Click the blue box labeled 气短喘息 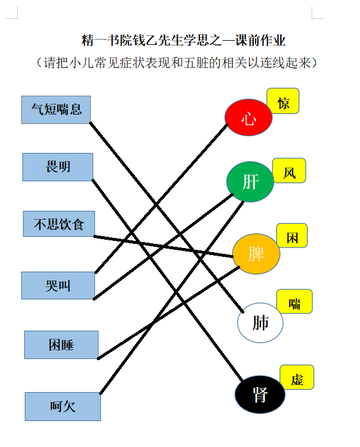pyautogui.click(x=56, y=110)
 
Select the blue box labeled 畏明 pyautogui.click(x=58, y=167)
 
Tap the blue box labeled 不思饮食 pyautogui.click(x=59, y=224)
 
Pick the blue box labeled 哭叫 pyautogui.click(x=58, y=285)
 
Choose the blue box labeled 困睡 pyautogui.click(x=61, y=345)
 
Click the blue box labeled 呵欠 pyautogui.click(x=63, y=406)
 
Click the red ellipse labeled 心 pyautogui.click(x=248, y=117)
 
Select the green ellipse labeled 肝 pyautogui.click(x=250, y=182)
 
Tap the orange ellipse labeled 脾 pyautogui.click(x=256, y=254)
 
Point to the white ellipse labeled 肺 pyautogui.click(x=260, y=323)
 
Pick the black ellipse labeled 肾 pyautogui.click(x=260, y=394)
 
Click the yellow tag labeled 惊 pyautogui.click(x=283, y=101)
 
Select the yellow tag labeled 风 pyautogui.click(x=289, y=171)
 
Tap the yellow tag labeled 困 pyautogui.click(x=292, y=236)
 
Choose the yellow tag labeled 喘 pyautogui.click(x=294, y=302)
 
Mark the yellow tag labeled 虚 pyautogui.click(x=297, y=377)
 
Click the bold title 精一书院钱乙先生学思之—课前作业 pyautogui.click(x=184, y=40)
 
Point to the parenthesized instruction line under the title pyautogui.click(x=176, y=63)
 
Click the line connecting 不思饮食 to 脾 pyautogui.click(x=163, y=246)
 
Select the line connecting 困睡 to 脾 pyautogui.click(x=168, y=313)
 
